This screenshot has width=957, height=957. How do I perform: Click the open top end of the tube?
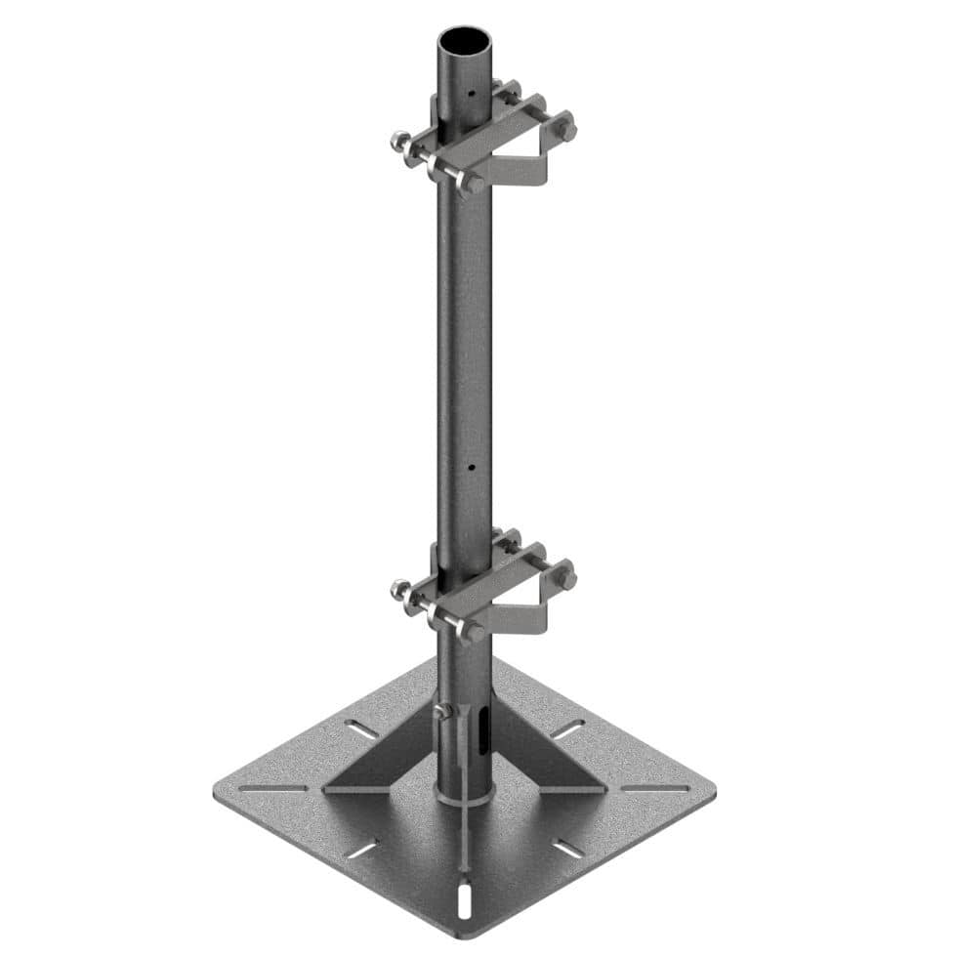point(463,44)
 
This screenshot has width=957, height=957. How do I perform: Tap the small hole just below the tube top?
point(471,95)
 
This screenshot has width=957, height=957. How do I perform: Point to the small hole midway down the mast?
point(470,468)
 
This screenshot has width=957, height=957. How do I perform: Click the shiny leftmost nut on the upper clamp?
point(398,142)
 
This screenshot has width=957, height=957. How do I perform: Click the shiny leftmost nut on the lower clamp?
point(398,589)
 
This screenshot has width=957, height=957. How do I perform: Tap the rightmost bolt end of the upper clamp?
point(565,128)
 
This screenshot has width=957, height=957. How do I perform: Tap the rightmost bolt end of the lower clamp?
point(565,577)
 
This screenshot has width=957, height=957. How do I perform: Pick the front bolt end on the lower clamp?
point(474,633)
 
